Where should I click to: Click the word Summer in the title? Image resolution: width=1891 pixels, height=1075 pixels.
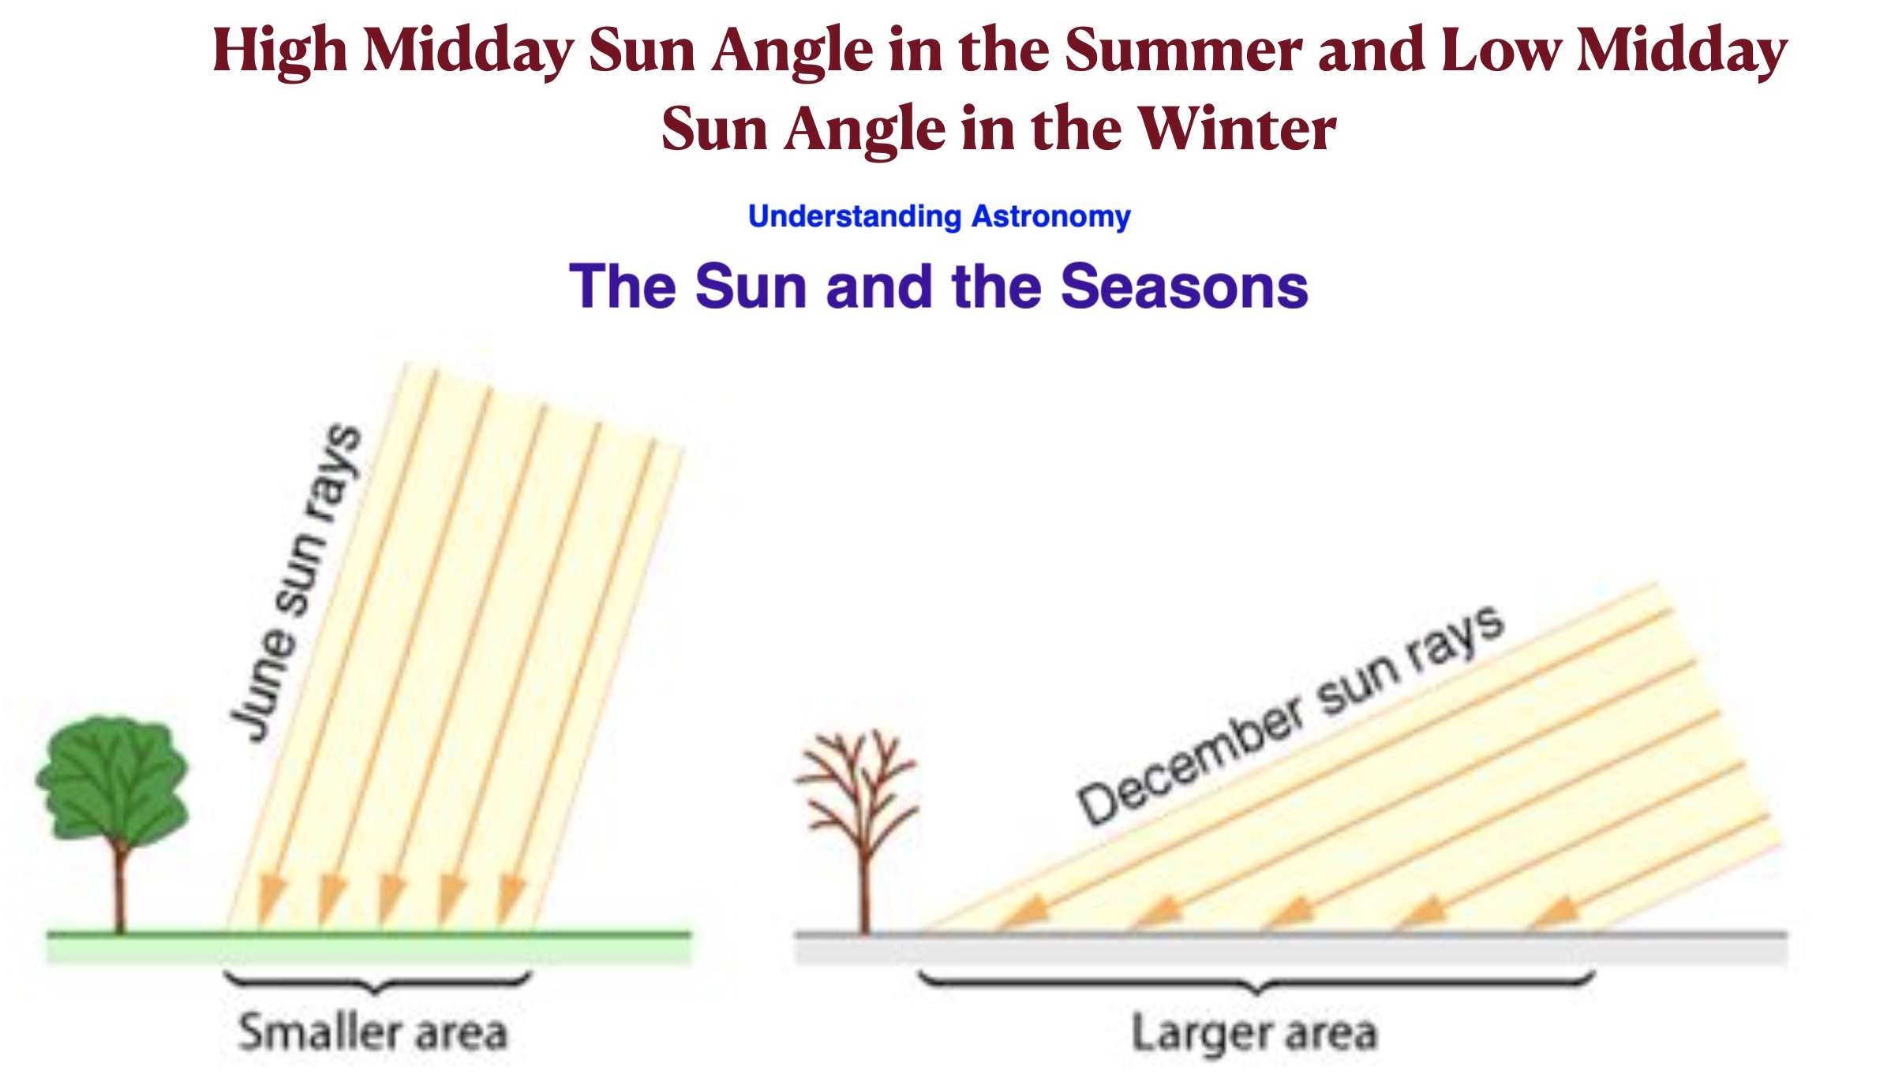pyautogui.click(x=1183, y=51)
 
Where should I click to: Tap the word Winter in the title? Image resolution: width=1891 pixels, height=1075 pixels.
pyautogui.click(x=1238, y=129)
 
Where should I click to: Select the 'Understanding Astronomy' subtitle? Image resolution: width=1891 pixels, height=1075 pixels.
pyautogui.click(x=939, y=216)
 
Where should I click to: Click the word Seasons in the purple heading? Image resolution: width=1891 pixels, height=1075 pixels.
pyautogui.click(x=1185, y=286)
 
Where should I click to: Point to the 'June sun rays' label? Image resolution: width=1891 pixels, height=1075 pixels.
pyautogui.click(x=295, y=582)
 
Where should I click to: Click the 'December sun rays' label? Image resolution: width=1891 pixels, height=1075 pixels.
pyautogui.click(x=1291, y=715)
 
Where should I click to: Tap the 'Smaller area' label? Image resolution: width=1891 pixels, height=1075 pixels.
pyautogui.click(x=373, y=1032)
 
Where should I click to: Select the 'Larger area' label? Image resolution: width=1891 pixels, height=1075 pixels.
pyautogui.click(x=1255, y=1033)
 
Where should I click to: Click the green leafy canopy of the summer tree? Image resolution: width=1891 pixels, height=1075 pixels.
pyautogui.click(x=113, y=780)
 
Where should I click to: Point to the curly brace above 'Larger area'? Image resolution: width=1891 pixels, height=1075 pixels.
pyautogui.click(x=1256, y=983)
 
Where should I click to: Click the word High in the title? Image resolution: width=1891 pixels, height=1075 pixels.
pyautogui.click(x=279, y=51)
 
